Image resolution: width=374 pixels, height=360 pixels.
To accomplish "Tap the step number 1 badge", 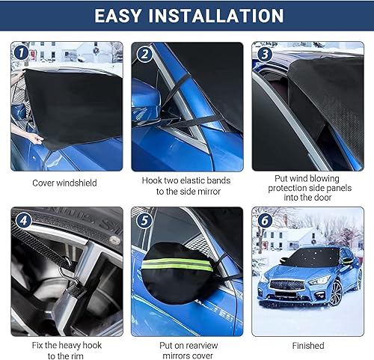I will pos(22,53).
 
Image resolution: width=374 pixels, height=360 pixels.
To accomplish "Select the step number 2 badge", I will pos(144,53).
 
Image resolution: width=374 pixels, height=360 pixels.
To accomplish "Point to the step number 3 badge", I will pos(263,53).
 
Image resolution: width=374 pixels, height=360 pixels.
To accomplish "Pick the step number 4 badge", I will pos(22,221).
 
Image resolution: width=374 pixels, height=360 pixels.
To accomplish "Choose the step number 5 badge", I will pos(144,221).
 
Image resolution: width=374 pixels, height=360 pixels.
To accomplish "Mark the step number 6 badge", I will pos(264,221).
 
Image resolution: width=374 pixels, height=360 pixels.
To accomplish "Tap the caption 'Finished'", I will pos(308,345).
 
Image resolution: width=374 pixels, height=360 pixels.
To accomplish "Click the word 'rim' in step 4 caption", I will pos(84,356).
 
